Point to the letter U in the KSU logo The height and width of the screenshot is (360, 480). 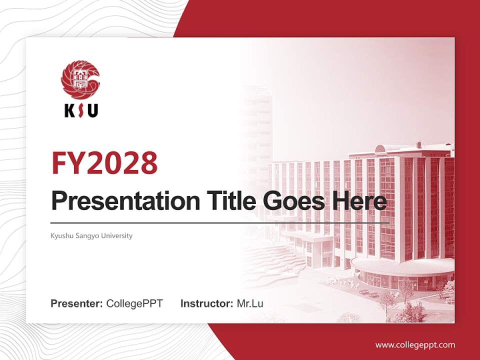[x=92, y=110]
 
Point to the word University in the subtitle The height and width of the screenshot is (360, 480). [x=117, y=235]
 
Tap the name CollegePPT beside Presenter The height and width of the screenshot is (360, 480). [x=134, y=303]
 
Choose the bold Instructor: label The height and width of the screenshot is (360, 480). [x=206, y=303]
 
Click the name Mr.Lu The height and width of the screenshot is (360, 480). [x=250, y=303]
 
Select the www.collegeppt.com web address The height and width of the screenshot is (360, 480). [x=415, y=345]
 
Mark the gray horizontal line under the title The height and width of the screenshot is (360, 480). [x=220, y=222]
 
